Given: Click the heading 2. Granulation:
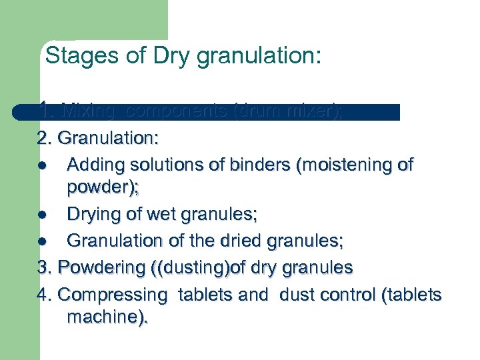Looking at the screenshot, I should tap(97, 139).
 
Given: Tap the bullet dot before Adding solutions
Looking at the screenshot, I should tap(42, 164).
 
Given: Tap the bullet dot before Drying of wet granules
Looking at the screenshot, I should tap(42, 215).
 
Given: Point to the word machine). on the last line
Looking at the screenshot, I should tap(107, 318).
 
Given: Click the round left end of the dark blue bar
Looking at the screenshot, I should tap(17, 112).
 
